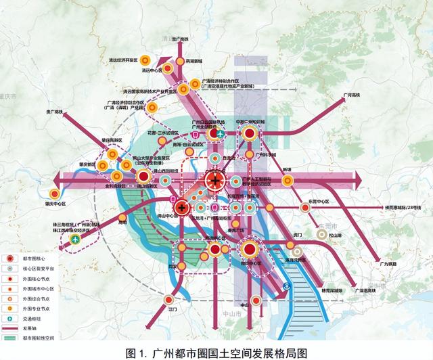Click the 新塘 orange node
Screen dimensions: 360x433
point(288,180)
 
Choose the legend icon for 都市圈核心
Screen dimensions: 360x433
point(10,259)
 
